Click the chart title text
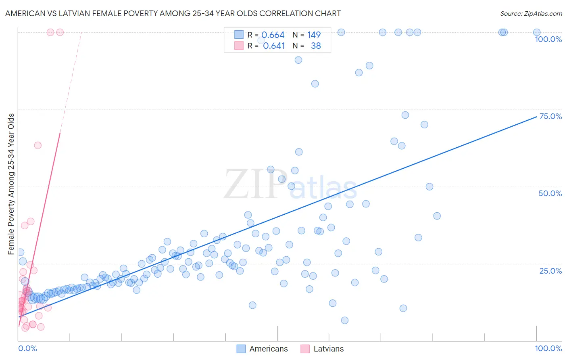coord(173,14)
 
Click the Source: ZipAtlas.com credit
coord(531,14)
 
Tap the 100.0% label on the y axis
coord(548,39)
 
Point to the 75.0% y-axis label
coord(550,116)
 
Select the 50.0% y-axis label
coord(550,193)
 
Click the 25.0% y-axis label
coord(550,270)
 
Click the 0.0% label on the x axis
coord(27,348)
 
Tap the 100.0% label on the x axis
coord(548,348)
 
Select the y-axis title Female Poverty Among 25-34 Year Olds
coord(11,184)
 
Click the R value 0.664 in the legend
coord(273,35)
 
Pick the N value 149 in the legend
coord(314,35)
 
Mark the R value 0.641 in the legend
coord(274,46)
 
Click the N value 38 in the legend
coord(316,46)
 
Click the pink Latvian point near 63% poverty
coord(38,145)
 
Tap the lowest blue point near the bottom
coord(344,320)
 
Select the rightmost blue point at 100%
coord(537,32)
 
